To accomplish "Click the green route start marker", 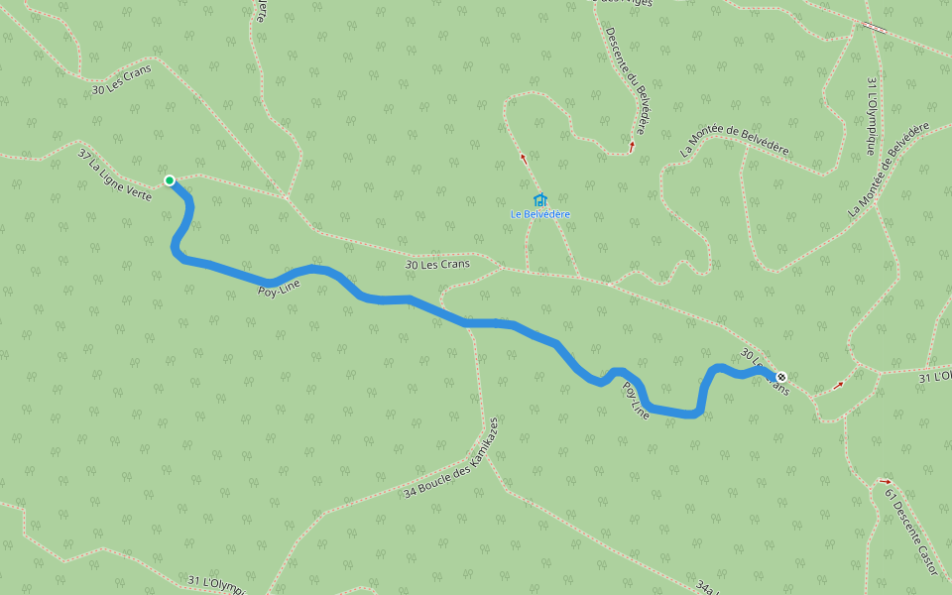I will (x=170, y=180).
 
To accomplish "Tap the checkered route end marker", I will (x=781, y=377).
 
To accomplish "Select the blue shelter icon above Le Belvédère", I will (x=540, y=199).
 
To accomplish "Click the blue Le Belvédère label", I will (x=540, y=214).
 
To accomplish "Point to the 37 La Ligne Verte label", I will (x=115, y=175).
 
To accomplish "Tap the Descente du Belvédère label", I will (x=627, y=78).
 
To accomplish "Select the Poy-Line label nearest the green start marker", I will (x=278, y=290).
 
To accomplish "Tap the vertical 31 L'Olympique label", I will (x=872, y=116).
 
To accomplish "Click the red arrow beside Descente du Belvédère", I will (x=632, y=146).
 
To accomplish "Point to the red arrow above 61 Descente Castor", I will (x=886, y=482).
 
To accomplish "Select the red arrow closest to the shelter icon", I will (x=524, y=157).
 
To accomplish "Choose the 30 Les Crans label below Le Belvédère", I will (x=437, y=265).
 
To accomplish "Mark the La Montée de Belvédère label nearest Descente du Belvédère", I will (x=735, y=141).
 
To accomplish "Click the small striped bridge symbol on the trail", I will (x=875, y=27).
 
